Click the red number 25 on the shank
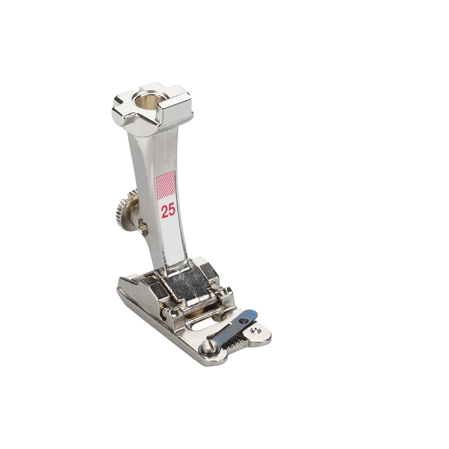click(x=168, y=211)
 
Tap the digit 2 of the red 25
click(x=165, y=211)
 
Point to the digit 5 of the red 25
click(x=172, y=211)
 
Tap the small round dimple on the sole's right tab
click(x=256, y=332)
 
